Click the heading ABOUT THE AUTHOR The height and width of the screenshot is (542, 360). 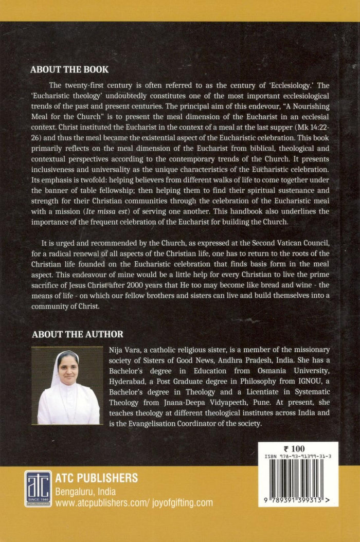coord(78,334)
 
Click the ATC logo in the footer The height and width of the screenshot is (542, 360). coord(38,489)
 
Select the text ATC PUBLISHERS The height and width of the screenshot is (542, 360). coord(97,478)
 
